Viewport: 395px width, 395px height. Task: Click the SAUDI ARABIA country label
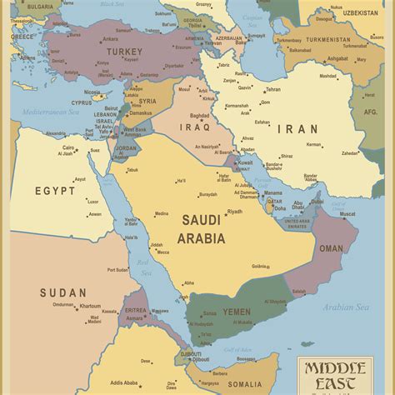201,229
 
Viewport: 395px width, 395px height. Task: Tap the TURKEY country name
124,52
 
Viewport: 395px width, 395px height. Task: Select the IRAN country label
297,129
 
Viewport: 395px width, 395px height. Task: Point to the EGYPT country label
55,191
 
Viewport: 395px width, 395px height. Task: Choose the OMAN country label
331,248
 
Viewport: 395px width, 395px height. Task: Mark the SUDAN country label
62,292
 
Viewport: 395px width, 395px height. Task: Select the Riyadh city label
235,212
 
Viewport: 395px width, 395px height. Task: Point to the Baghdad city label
199,116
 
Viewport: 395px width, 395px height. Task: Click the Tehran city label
272,89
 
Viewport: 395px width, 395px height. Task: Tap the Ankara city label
109,38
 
